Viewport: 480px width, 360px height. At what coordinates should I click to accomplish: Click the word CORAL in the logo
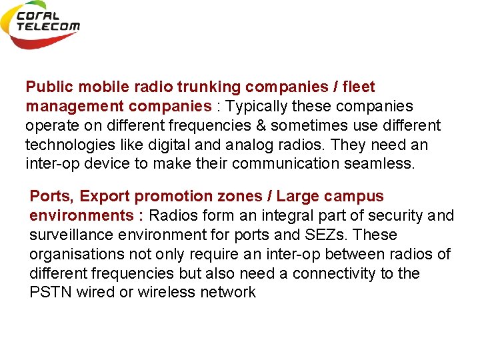pyautogui.click(x=39, y=16)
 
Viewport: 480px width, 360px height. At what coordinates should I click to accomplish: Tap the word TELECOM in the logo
pyautogui.click(x=48, y=27)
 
